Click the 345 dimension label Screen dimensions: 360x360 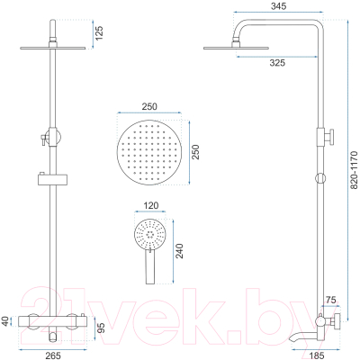[x=278, y=5]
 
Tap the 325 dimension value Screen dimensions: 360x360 [x=277, y=63]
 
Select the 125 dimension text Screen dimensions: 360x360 [x=99, y=33]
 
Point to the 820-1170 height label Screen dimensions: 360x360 [x=355, y=170]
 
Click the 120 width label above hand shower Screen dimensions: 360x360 [x=151, y=205]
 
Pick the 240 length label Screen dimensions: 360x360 [x=179, y=251]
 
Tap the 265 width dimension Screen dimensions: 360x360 [x=53, y=355]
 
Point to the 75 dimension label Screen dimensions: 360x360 [x=330, y=300]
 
